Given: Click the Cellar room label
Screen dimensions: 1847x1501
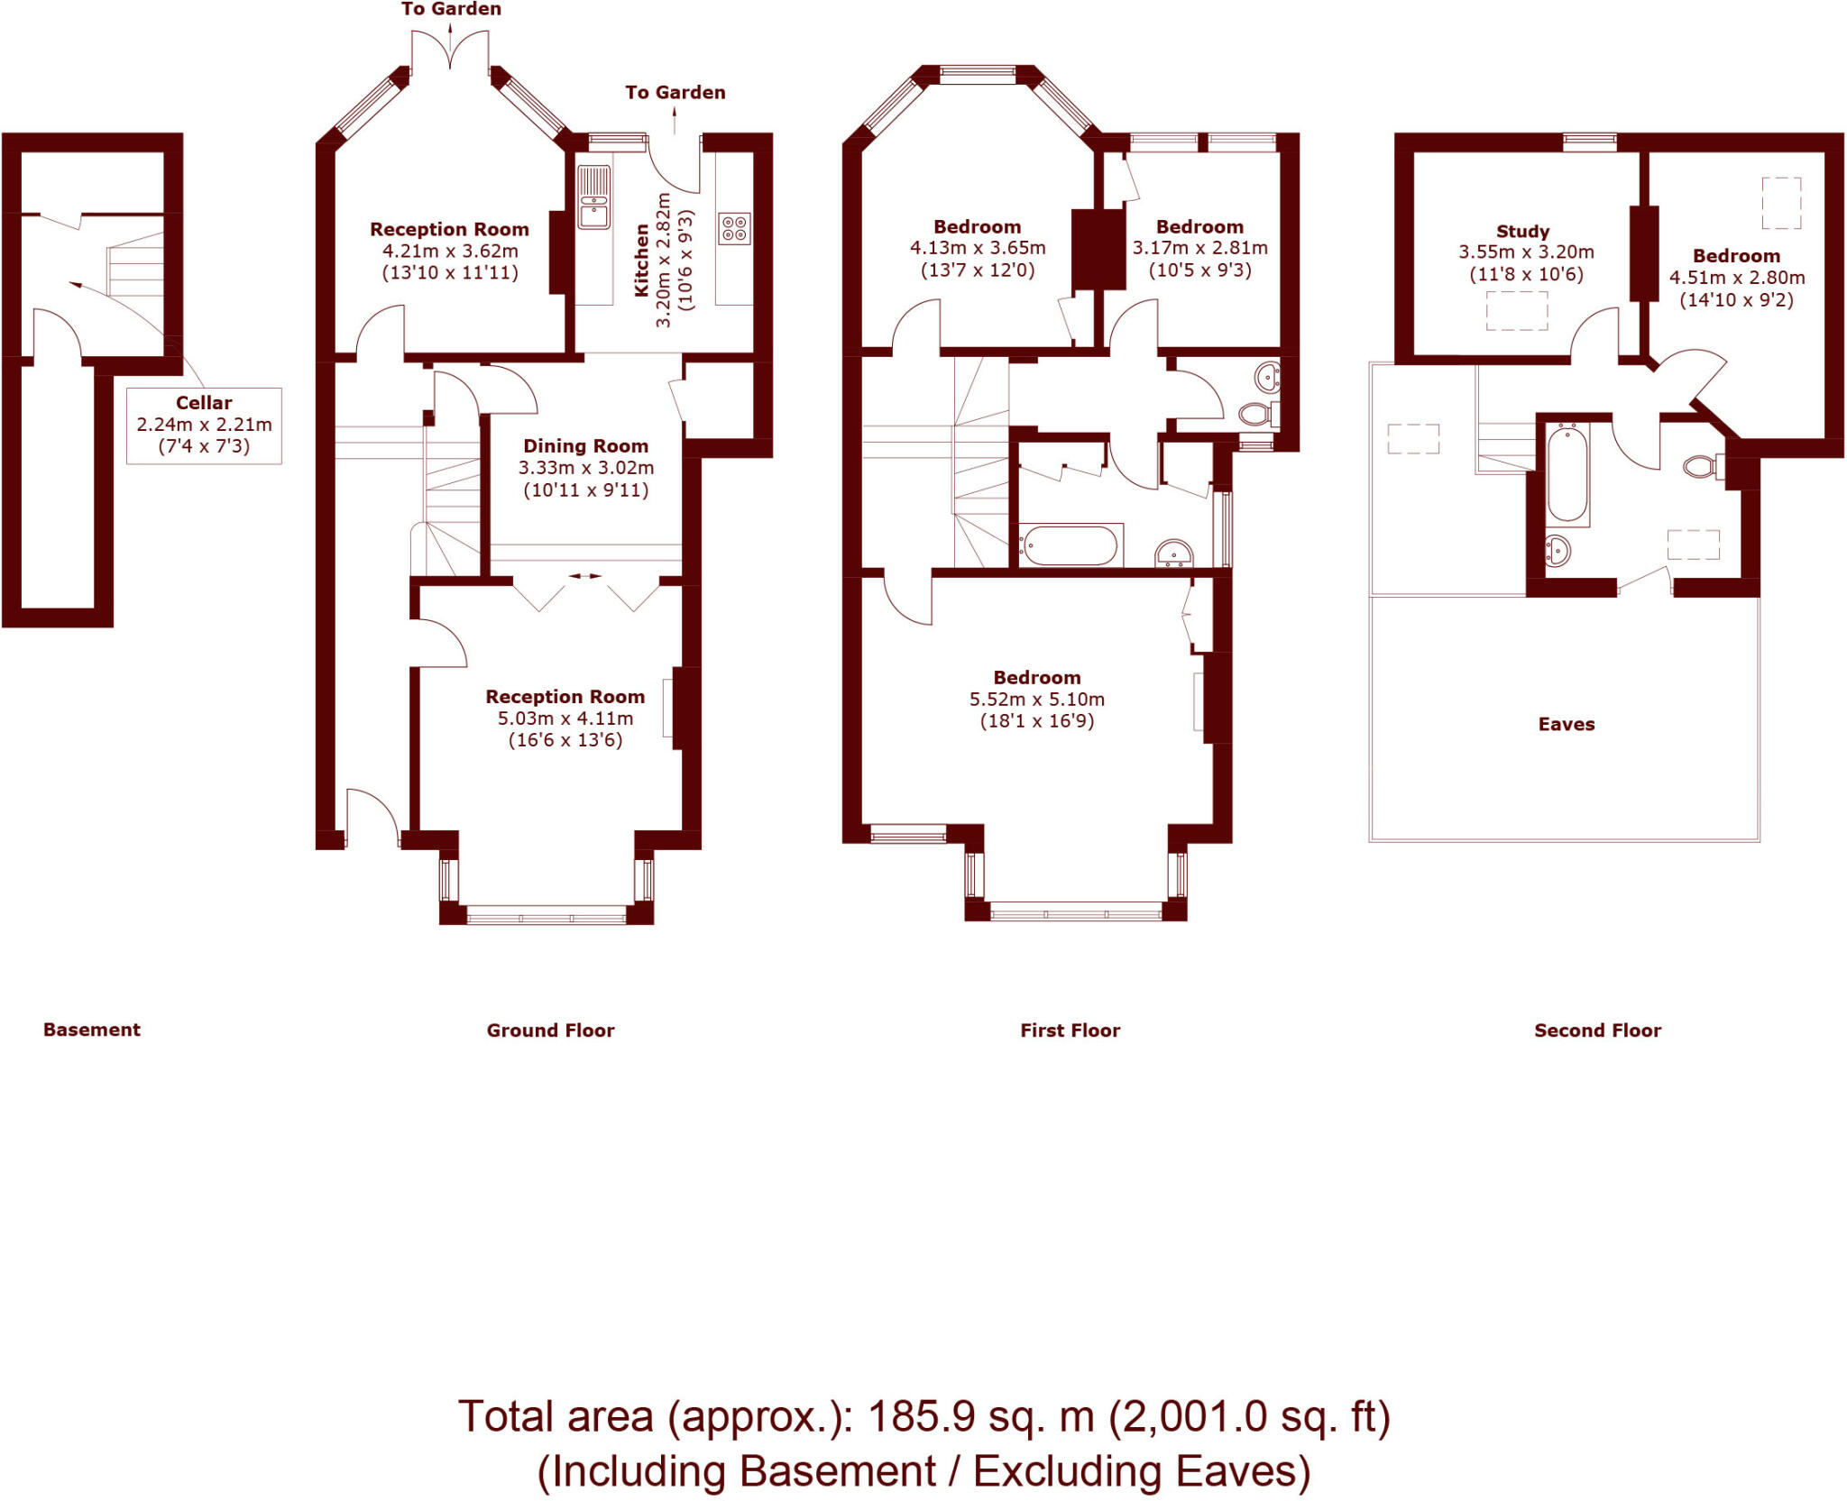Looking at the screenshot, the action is point(204,403).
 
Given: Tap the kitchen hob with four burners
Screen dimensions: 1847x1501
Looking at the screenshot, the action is point(735,228).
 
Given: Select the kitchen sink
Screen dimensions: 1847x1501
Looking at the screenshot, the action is point(593,198).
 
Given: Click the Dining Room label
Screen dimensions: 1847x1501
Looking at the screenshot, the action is point(586,446).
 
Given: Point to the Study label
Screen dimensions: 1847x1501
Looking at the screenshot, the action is point(1523,232).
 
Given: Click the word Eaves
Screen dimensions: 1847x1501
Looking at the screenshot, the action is point(1567,724).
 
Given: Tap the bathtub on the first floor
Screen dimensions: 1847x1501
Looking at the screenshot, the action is point(1071,545).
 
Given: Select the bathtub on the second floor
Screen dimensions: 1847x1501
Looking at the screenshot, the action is point(1567,475).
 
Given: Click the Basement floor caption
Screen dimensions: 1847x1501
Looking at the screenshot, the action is point(92,1030).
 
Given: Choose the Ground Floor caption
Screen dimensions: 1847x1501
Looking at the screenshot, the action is point(550,1030).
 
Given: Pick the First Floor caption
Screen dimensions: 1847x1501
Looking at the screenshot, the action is point(1071,1030).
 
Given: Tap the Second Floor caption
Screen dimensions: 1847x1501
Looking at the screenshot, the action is point(1598,1030).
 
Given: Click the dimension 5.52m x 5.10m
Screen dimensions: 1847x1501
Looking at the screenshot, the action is point(1037,700).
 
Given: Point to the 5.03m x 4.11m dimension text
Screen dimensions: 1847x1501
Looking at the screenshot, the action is point(565,718).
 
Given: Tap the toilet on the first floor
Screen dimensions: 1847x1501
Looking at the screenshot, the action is point(1258,414).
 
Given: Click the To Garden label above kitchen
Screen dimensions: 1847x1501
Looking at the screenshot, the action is point(675,92).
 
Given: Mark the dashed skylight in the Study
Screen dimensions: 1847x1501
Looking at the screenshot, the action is point(1517,312).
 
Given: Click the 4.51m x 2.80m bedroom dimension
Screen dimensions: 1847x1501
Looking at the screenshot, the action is point(1737,278).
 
